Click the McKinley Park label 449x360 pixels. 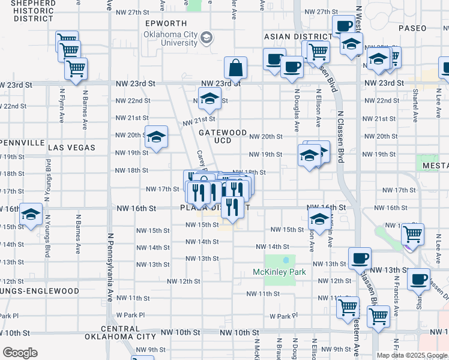pos(280,272)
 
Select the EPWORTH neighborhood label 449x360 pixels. pos(166,23)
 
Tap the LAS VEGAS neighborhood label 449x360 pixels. pos(71,147)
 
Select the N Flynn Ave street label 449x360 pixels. pos(62,106)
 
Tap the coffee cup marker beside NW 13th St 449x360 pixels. pos(360,258)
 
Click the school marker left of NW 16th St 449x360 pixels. pos(31,214)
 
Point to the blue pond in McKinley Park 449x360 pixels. pos(286,260)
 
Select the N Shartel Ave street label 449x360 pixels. pos(415,103)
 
